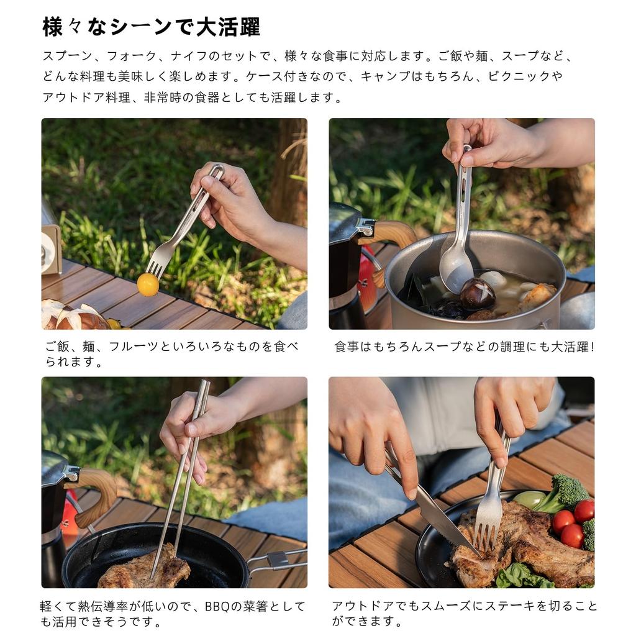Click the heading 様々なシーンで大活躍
pos(151,27)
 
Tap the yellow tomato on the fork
pos(148,284)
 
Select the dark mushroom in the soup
pos(477,294)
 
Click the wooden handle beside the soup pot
pos(394,234)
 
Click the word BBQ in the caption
pos(218,606)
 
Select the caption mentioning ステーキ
pos(463,613)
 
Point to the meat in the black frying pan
pos(144,569)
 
